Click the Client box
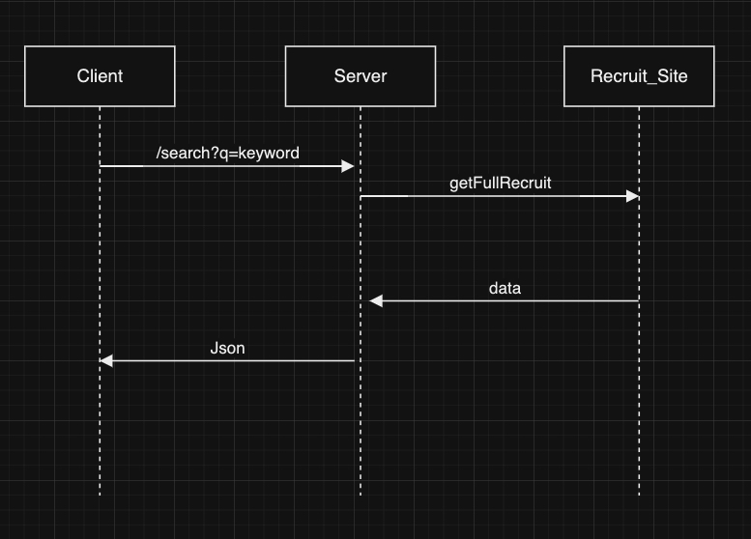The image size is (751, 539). (100, 75)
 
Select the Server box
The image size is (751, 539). (360, 75)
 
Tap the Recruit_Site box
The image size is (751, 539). (639, 75)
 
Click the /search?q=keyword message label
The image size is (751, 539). (228, 153)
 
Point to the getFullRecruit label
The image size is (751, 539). (500, 183)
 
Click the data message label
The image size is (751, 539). (505, 288)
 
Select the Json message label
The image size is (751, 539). (227, 348)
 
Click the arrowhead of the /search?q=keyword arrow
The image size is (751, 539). (350, 166)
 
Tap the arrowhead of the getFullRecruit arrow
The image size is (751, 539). (633, 196)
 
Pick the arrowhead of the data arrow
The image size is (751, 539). (376, 301)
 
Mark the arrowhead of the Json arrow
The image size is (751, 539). (106, 361)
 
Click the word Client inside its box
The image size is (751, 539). (100, 75)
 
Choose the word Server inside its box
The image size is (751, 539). (360, 75)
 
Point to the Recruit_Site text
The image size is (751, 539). (639, 75)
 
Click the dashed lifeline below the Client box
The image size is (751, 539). (100, 435)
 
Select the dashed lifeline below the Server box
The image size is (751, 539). (361, 435)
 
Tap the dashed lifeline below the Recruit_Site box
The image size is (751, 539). (639, 435)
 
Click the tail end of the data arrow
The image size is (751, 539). (637, 301)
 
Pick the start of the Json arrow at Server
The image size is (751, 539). (353, 361)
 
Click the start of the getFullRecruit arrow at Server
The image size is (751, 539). (362, 196)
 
